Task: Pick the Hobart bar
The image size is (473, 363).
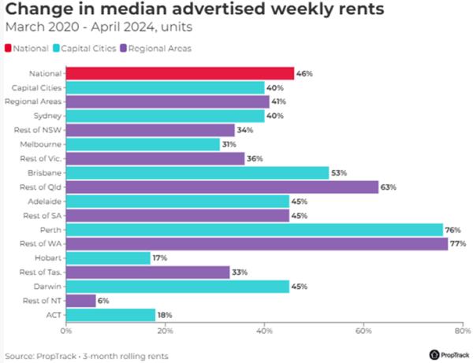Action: pos(108,257)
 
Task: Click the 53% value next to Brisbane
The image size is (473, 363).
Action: pos(339,172)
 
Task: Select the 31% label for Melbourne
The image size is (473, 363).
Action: pos(231,144)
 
